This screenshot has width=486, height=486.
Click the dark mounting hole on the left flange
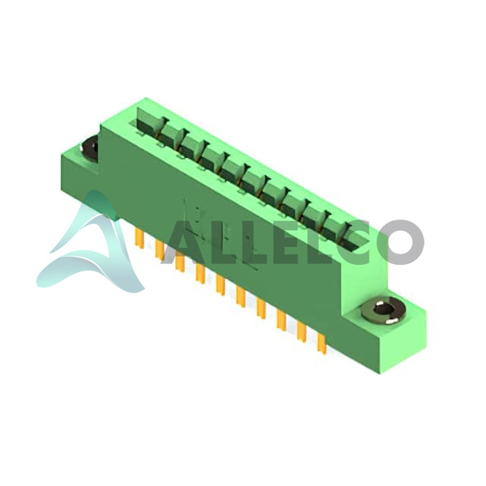point(90,148)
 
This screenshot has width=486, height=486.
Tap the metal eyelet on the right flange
point(383,310)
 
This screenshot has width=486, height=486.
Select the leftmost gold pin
point(139,239)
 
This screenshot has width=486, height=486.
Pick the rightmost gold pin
point(322,345)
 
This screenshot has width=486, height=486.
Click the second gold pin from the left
point(160,250)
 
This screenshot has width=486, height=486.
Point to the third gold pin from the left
point(180,262)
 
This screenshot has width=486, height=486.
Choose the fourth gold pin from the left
point(200,274)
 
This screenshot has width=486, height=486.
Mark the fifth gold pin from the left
point(220,285)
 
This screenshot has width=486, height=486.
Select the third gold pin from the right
point(281,321)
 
